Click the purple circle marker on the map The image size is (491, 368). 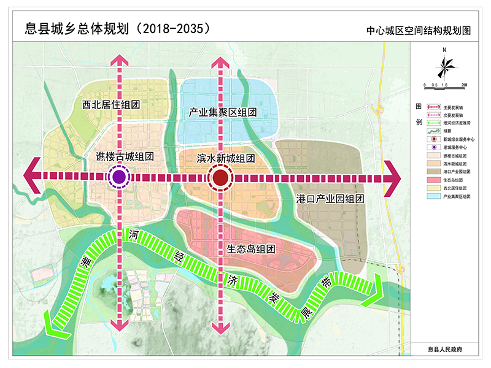click(x=119, y=177)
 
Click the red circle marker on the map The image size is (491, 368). click(x=220, y=178)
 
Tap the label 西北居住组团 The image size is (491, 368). click(x=111, y=105)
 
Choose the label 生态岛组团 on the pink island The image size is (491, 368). click(x=250, y=249)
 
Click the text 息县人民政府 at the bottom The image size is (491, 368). click(x=444, y=348)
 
